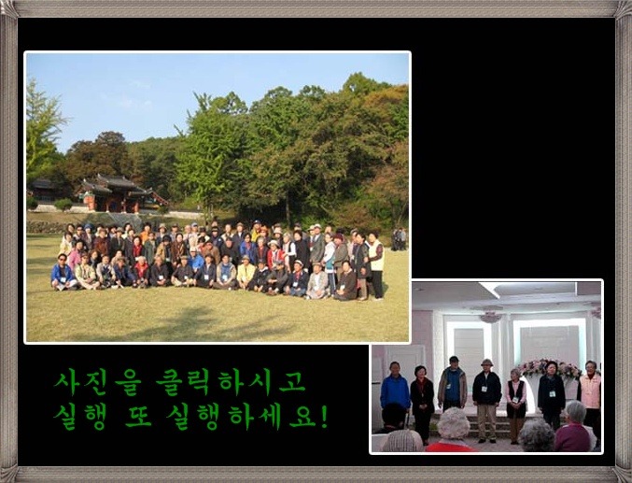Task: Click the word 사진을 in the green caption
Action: pos(98,382)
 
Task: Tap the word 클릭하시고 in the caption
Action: pos(231,382)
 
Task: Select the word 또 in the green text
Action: pos(138,417)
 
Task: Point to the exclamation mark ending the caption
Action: pos(324,417)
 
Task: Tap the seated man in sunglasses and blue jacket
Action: pos(63,273)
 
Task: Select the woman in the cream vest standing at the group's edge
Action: pos(376,265)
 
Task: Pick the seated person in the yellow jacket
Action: pos(246,273)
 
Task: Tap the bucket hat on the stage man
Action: pos(486,362)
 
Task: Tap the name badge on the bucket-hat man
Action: pos(485,389)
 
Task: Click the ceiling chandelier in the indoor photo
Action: pos(490,317)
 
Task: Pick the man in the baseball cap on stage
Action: pos(453,384)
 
